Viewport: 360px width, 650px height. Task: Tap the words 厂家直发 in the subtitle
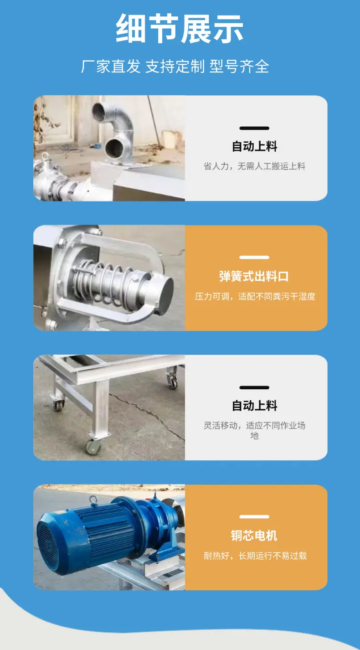coord(111,67)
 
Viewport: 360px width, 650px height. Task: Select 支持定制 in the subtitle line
coord(175,67)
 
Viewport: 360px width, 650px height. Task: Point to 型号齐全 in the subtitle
coord(239,67)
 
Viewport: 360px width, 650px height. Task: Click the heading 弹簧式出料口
coord(254,276)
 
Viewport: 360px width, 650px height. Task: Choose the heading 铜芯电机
coord(254,536)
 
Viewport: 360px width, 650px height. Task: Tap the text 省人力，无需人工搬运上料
coord(254,166)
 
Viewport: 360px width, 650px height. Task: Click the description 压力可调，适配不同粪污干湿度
coord(255,296)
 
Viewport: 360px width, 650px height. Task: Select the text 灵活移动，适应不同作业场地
coord(254,430)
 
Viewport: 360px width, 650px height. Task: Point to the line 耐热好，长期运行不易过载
coord(255,555)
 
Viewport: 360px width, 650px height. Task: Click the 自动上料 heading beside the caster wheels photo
coord(254,406)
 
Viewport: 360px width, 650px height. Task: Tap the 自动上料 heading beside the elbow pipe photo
coord(254,146)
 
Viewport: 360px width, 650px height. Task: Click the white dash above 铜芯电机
coord(254,516)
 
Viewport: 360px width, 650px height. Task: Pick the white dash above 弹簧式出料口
coord(254,258)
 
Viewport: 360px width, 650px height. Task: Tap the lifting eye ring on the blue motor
coord(93,500)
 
